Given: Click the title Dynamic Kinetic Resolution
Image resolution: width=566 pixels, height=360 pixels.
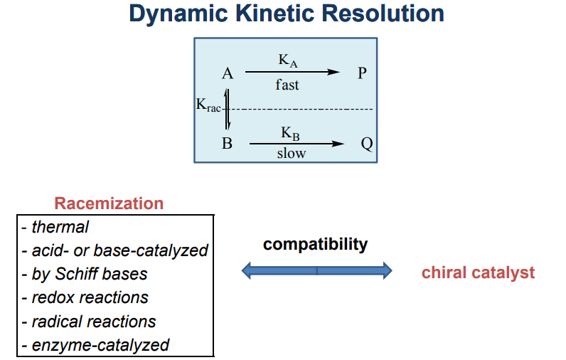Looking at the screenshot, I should (287, 14).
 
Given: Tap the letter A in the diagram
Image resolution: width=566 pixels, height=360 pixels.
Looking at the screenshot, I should (228, 73).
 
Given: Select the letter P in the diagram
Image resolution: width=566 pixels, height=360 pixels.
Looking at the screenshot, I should (362, 73).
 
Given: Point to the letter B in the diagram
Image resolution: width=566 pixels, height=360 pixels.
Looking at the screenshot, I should (228, 144).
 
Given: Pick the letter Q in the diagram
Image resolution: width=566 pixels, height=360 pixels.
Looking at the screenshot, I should (367, 144).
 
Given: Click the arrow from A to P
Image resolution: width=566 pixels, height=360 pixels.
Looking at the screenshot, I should (292, 72).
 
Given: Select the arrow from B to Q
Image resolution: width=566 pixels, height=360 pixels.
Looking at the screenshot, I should (296, 144).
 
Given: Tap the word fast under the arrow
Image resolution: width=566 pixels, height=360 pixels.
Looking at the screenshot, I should (287, 85).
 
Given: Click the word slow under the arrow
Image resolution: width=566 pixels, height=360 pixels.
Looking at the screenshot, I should (292, 154).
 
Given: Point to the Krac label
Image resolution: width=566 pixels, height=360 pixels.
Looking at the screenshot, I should (208, 105).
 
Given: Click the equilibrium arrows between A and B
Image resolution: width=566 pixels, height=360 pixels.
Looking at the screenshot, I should (228, 108).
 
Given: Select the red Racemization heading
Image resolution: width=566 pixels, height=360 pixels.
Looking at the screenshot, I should (109, 203).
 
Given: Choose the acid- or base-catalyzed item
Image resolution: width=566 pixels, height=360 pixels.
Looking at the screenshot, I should (114, 250).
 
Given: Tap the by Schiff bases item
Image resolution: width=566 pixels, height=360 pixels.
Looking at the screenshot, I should (85, 274).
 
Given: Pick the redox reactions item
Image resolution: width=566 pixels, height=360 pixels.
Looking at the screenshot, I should (85, 297).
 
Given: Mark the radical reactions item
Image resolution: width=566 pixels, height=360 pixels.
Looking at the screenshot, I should (88, 321).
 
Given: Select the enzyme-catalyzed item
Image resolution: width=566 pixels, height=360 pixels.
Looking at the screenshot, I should (95, 345).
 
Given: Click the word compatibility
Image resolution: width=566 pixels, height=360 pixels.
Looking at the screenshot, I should (316, 245).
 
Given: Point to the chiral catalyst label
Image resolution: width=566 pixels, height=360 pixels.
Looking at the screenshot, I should (478, 272).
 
